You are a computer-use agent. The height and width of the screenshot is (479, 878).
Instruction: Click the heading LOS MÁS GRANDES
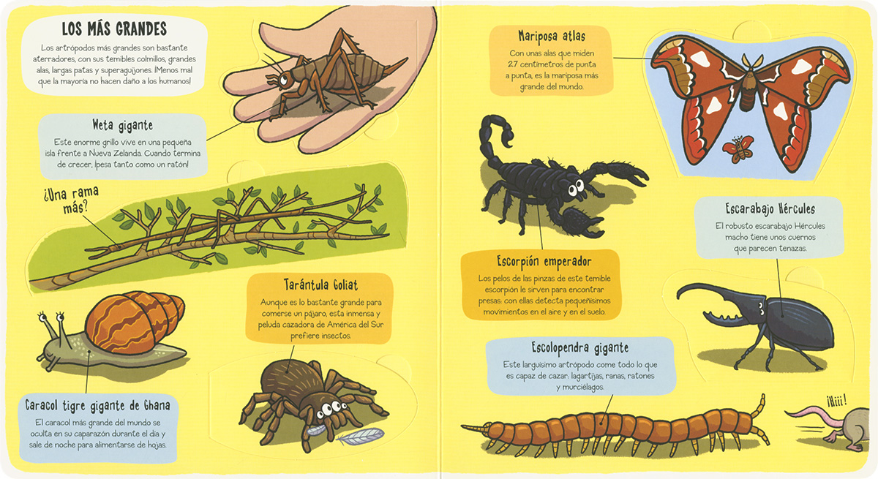114,29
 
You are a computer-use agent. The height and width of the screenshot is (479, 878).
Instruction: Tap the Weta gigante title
123,125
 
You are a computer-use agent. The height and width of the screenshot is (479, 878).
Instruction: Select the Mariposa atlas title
552,37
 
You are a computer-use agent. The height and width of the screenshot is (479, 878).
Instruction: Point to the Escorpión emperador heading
544,261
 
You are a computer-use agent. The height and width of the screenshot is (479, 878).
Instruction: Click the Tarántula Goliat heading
320,284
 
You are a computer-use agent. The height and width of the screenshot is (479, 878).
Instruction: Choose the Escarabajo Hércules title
770,208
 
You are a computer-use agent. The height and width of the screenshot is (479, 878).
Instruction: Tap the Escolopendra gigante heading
580,348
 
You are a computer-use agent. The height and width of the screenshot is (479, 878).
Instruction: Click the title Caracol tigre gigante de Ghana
97,405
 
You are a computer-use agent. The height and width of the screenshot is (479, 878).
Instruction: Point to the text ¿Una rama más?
72,200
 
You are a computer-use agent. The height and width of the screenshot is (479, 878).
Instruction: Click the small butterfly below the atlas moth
738,148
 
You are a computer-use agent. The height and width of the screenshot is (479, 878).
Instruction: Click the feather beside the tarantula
361,436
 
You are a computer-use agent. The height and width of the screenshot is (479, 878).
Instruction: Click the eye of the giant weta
283,80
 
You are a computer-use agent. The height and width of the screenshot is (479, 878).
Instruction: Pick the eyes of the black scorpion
576,188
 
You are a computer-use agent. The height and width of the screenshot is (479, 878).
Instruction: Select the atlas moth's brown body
748,88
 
